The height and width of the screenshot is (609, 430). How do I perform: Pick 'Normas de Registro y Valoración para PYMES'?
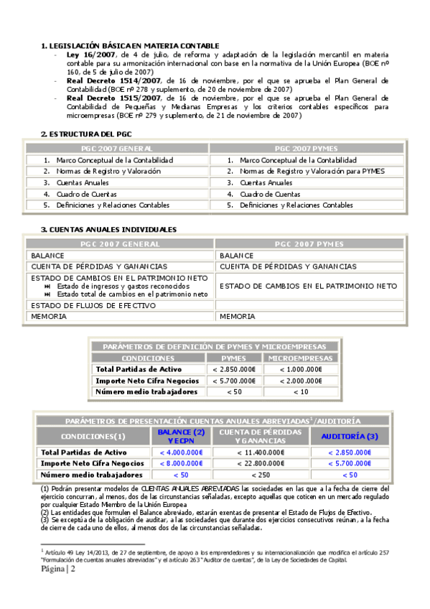(x=312, y=172)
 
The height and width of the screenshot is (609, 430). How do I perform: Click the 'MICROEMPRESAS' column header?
(x=300, y=358)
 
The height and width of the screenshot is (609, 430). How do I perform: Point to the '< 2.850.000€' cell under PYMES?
(x=234, y=369)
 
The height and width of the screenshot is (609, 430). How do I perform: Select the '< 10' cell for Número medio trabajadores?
(x=300, y=392)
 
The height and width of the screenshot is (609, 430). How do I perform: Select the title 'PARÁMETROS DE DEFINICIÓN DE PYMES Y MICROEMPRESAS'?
(x=214, y=347)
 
